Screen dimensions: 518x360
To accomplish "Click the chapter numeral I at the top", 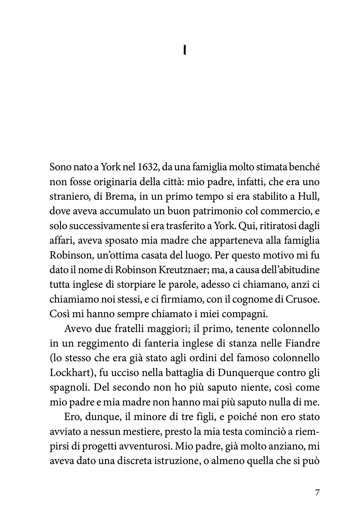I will [x=184, y=51].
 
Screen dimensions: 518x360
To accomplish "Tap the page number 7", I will [x=317, y=492].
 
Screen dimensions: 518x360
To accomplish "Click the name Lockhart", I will [x=69, y=373].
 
